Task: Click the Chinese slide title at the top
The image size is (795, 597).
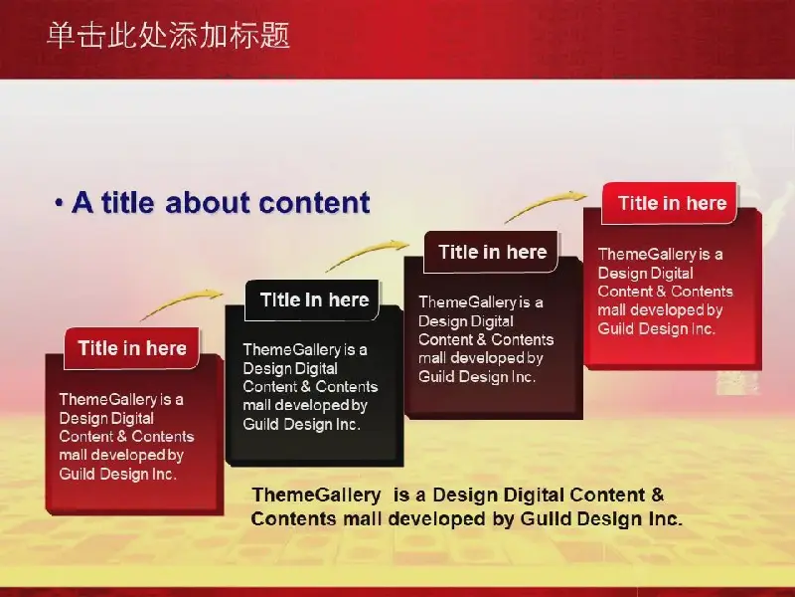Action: tap(168, 36)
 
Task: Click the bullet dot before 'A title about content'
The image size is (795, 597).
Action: tap(60, 203)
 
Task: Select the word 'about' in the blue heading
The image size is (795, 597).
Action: tap(209, 203)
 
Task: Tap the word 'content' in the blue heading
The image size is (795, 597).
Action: tap(314, 203)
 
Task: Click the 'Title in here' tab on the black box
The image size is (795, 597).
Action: tap(313, 300)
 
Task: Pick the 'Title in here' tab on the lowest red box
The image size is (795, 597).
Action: tap(132, 348)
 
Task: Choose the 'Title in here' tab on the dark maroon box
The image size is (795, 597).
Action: tap(491, 252)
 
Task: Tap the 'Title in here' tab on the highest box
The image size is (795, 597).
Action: tap(670, 203)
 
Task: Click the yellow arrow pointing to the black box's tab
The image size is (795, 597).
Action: tap(181, 303)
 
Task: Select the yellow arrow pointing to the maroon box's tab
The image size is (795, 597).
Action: tap(366, 254)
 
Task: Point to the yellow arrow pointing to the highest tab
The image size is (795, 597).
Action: tap(545, 205)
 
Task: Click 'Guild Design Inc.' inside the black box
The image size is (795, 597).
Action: tap(302, 424)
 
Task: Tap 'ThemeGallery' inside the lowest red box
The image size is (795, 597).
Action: tap(108, 400)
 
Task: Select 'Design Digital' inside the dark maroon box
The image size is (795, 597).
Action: tap(466, 321)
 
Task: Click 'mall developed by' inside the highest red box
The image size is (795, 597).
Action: tap(660, 309)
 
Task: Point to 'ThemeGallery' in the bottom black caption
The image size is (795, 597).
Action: tap(316, 495)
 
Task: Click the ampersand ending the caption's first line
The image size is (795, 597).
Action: tap(657, 495)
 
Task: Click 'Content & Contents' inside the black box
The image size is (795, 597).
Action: tap(310, 387)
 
